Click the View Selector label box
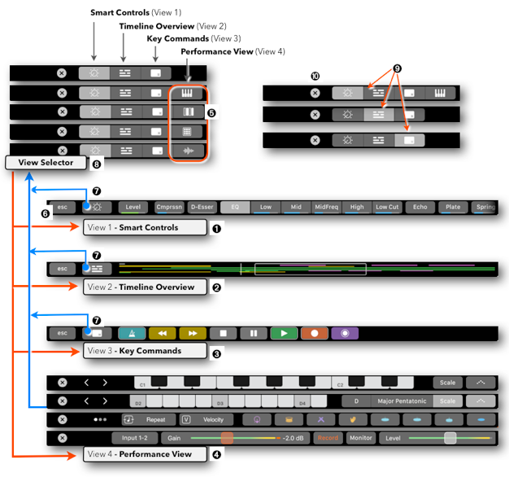pyautogui.click(x=46, y=162)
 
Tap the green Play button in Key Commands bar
pyautogui.click(x=284, y=333)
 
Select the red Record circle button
pyautogui.click(x=314, y=333)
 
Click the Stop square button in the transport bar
pyautogui.click(x=223, y=333)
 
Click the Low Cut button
pyautogui.click(x=388, y=208)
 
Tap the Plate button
pyautogui.click(x=453, y=208)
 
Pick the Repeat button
pyautogui.click(x=147, y=420)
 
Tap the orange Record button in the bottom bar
pyautogui.click(x=328, y=438)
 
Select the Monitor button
pyautogui.click(x=361, y=438)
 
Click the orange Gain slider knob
pyautogui.click(x=227, y=438)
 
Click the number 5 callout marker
pyautogui.click(x=211, y=112)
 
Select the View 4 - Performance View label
pyautogui.click(x=145, y=454)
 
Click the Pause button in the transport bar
pyautogui.click(x=253, y=333)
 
